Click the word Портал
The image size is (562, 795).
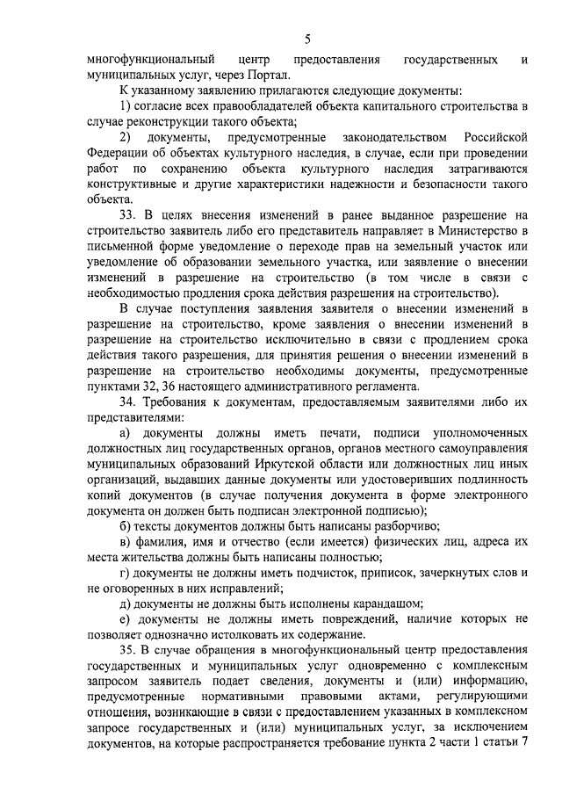237,75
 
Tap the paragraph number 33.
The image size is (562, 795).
126,216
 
